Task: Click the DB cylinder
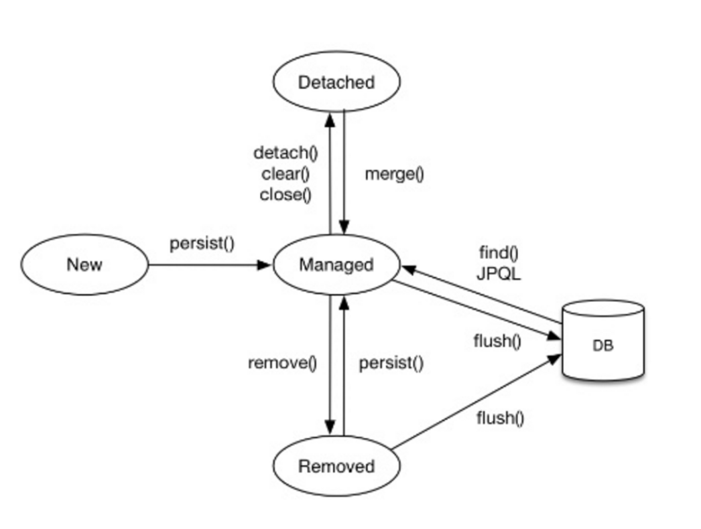(x=602, y=340)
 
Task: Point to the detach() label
(x=285, y=153)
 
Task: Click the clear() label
(x=285, y=174)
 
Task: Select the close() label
(x=285, y=194)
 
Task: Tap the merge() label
(x=394, y=174)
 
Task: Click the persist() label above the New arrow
(x=202, y=244)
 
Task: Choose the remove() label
(x=283, y=363)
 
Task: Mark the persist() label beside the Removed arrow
(x=391, y=363)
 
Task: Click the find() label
(x=499, y=253)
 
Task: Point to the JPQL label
(x=499, y=273)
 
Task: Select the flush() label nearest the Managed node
(x=497, y=342)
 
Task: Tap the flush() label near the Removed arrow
(x=500, y=419)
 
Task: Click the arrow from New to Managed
(x=210, y=265)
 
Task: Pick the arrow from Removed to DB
(x=476, y=402)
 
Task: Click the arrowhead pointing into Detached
(x=330, y=120)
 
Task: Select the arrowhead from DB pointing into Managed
(x=409, y=269)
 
